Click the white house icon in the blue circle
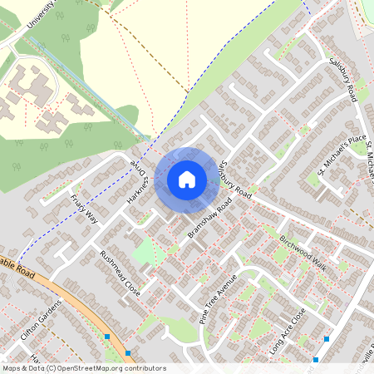pos(187,179)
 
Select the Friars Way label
pos(85,208)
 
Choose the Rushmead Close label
pos(120,273)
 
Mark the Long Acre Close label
pos(288,332)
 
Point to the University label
pos(41,17)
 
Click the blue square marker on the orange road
pos(107,337)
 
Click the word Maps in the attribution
pos(12,368)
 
